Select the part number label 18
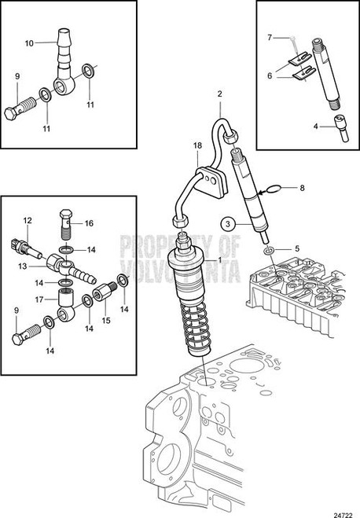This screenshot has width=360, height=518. [x=198, y=145]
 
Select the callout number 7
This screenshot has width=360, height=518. [x=269, y=36]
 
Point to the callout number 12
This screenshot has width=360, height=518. [x=26, y=220]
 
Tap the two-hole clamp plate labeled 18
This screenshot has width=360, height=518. [x=208, y=182]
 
